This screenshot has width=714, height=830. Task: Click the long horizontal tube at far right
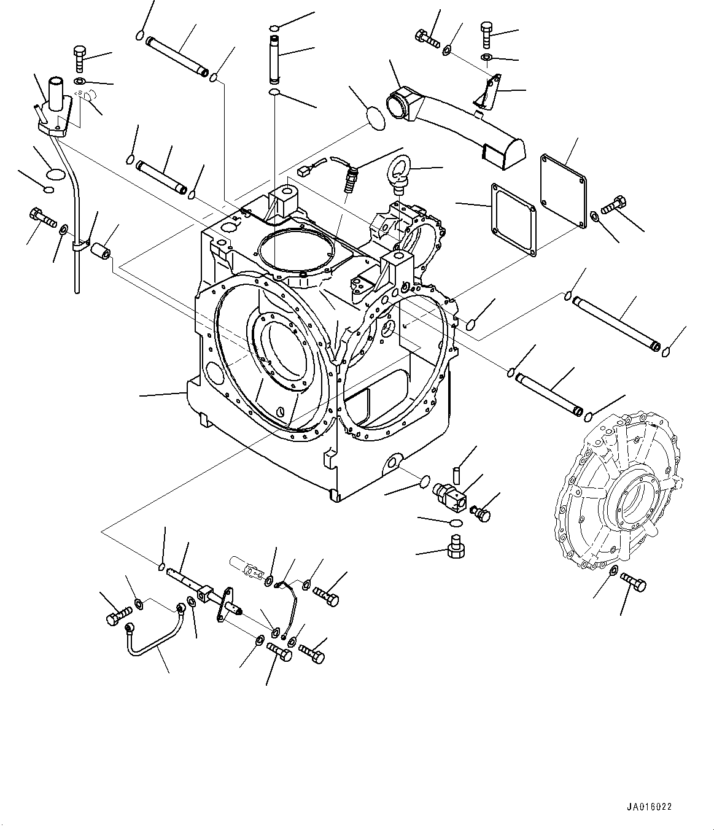[616, 322]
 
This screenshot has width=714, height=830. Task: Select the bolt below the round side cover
[633, 582]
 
